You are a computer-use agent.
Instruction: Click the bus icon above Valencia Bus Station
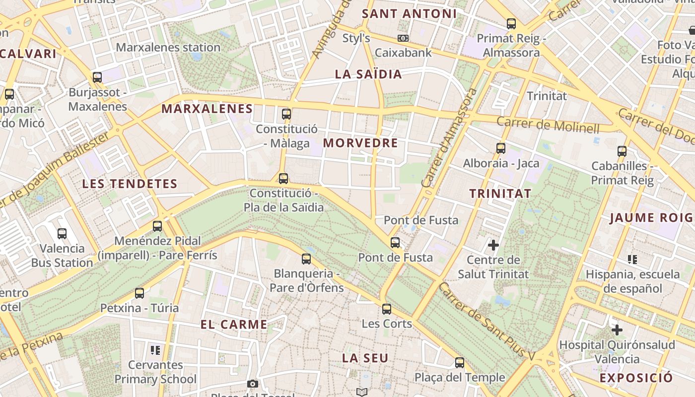[62, 234]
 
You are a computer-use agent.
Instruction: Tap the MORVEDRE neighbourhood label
[360, 143]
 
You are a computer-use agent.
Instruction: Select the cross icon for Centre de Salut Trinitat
[493, 245]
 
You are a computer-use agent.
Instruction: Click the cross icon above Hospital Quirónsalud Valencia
[617, 330]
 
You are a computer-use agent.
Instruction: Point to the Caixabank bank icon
[403, 38]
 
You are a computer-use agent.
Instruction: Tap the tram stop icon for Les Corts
[387, 309]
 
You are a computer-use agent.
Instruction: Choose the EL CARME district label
[234, 325]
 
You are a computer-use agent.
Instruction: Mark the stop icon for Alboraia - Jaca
[501, 148]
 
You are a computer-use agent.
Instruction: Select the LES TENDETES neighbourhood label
[130, 184]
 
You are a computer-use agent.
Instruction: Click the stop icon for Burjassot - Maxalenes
[97, 77]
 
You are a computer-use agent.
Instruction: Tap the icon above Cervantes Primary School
[155, 350]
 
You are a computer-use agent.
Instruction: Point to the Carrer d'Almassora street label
[449, 138]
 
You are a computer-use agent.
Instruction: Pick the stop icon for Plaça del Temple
[460, 363]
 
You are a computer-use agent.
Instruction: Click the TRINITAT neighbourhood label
[500, 194]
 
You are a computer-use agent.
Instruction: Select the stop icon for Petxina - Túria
[139, 293]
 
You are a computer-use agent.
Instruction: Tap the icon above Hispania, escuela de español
[632, 259]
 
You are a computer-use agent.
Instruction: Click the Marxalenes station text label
[168, 48]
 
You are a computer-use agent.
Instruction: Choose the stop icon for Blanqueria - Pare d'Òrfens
[306, 259]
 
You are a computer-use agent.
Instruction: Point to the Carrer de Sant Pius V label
[487, 321]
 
